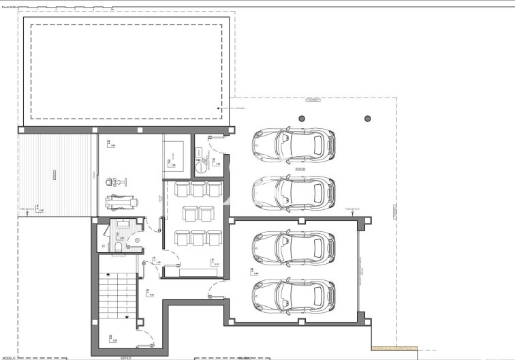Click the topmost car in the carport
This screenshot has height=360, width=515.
294,143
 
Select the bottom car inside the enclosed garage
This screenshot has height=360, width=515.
294,292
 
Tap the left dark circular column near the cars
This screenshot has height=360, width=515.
300,118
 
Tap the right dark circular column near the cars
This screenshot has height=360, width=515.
368,118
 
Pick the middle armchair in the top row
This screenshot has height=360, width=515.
199,190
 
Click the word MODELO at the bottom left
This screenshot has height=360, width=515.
8,357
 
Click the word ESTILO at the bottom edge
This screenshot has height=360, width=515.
125,357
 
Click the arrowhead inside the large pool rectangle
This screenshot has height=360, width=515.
219,108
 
